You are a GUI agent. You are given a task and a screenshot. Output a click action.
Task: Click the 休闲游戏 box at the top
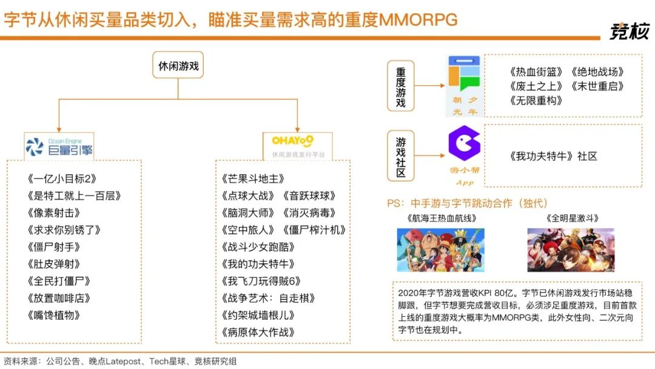pyautogui.click(x=178, y=65)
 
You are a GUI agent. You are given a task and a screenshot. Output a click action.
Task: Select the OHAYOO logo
pyautogui.click(x=297, y=146)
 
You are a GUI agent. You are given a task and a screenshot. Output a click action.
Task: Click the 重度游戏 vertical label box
pyautogui.click(x=401, y=86)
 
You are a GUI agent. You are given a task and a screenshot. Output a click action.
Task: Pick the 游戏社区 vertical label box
pyautogui.click(x=401, y=156)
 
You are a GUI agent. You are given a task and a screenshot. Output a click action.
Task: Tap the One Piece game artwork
pyautogui.click(x=441, y=250)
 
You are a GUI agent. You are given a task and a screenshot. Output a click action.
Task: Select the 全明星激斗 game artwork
pyautogui.click(x=571, y=250)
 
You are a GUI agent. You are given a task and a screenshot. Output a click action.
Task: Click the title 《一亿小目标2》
pyautogui.click(x=62, y=179)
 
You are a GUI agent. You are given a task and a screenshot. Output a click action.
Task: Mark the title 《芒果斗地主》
pyautogui.click(x=253, y=179)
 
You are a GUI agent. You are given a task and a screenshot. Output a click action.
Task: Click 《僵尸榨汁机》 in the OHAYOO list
pyautogui.click(x=314, y=230)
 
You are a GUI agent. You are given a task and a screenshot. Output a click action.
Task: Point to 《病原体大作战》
pyautogui.click(x=258, y=332)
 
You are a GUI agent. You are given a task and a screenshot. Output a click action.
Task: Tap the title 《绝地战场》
pyautogui.click(x=597, y=72)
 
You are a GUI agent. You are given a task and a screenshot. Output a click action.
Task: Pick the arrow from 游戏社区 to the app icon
pyautogui.click(x=430, y=155)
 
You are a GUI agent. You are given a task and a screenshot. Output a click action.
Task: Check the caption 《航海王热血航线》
pyautogui.click(x=442, y=218)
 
